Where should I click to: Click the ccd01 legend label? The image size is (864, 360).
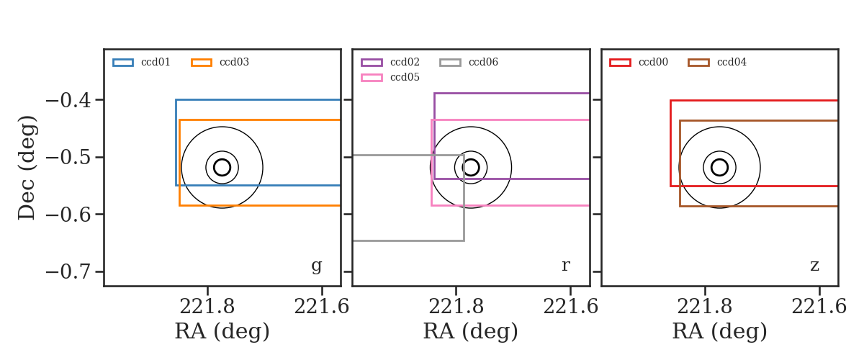pos(156,62)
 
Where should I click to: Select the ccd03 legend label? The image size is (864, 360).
pos(234,62)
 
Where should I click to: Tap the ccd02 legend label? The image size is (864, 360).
pos(405,62)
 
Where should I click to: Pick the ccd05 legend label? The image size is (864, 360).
pos(405,77)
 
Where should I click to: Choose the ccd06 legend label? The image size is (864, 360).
pos(483,62)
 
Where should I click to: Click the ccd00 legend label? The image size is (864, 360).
pos(653,62)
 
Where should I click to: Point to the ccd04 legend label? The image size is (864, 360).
pos(732,62)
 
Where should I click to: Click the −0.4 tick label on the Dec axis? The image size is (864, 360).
pos(68,101)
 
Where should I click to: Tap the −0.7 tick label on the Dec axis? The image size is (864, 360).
pos(68,272)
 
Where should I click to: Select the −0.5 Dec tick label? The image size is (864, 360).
pos(68,158)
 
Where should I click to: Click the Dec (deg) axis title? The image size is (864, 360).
pos(27,168)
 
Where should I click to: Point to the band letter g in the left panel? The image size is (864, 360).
pos(316,266)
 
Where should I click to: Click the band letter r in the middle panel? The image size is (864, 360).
pos(565,266)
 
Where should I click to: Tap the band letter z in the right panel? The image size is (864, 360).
pos(814,266)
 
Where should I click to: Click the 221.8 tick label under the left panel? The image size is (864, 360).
pos(207,307)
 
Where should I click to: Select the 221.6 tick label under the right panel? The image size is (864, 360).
pos(819,307)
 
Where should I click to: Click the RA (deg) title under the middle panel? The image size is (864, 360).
pos(471,331)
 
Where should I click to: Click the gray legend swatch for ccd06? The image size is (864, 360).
pos(450,63)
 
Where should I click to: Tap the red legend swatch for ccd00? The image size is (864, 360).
pos(620,63)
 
